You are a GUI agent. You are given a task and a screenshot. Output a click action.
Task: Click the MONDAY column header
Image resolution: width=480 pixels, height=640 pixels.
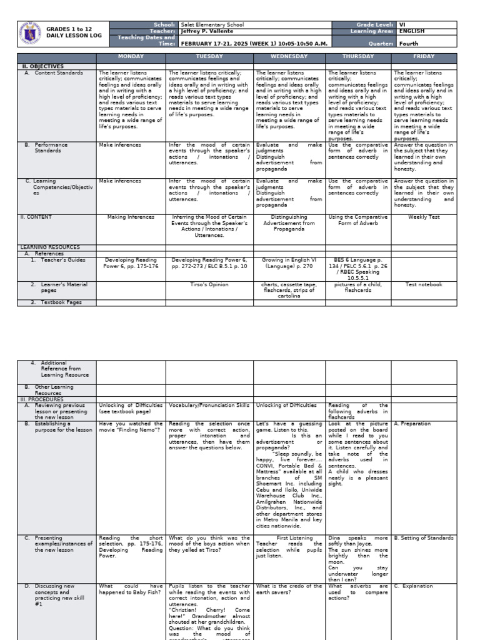[131, 57]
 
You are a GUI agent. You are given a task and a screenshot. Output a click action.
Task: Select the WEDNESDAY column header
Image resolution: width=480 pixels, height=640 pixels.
[289, 57]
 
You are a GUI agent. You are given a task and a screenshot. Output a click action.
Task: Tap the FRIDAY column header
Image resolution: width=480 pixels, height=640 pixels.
[424, 57]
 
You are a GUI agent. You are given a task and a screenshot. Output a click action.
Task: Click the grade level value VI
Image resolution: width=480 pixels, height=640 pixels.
[402, 25]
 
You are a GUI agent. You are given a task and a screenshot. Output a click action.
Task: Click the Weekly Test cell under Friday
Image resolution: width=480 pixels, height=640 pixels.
[424, 217]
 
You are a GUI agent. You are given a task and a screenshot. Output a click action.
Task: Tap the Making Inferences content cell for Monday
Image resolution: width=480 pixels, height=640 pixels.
[131, 217]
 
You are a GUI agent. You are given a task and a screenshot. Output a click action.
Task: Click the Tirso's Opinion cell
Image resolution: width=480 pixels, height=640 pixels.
[209, 284]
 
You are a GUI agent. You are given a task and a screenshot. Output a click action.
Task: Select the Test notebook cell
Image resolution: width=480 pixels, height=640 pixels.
[424, 284]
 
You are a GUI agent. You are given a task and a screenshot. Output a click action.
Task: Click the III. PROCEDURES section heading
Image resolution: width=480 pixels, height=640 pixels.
[42, 399]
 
